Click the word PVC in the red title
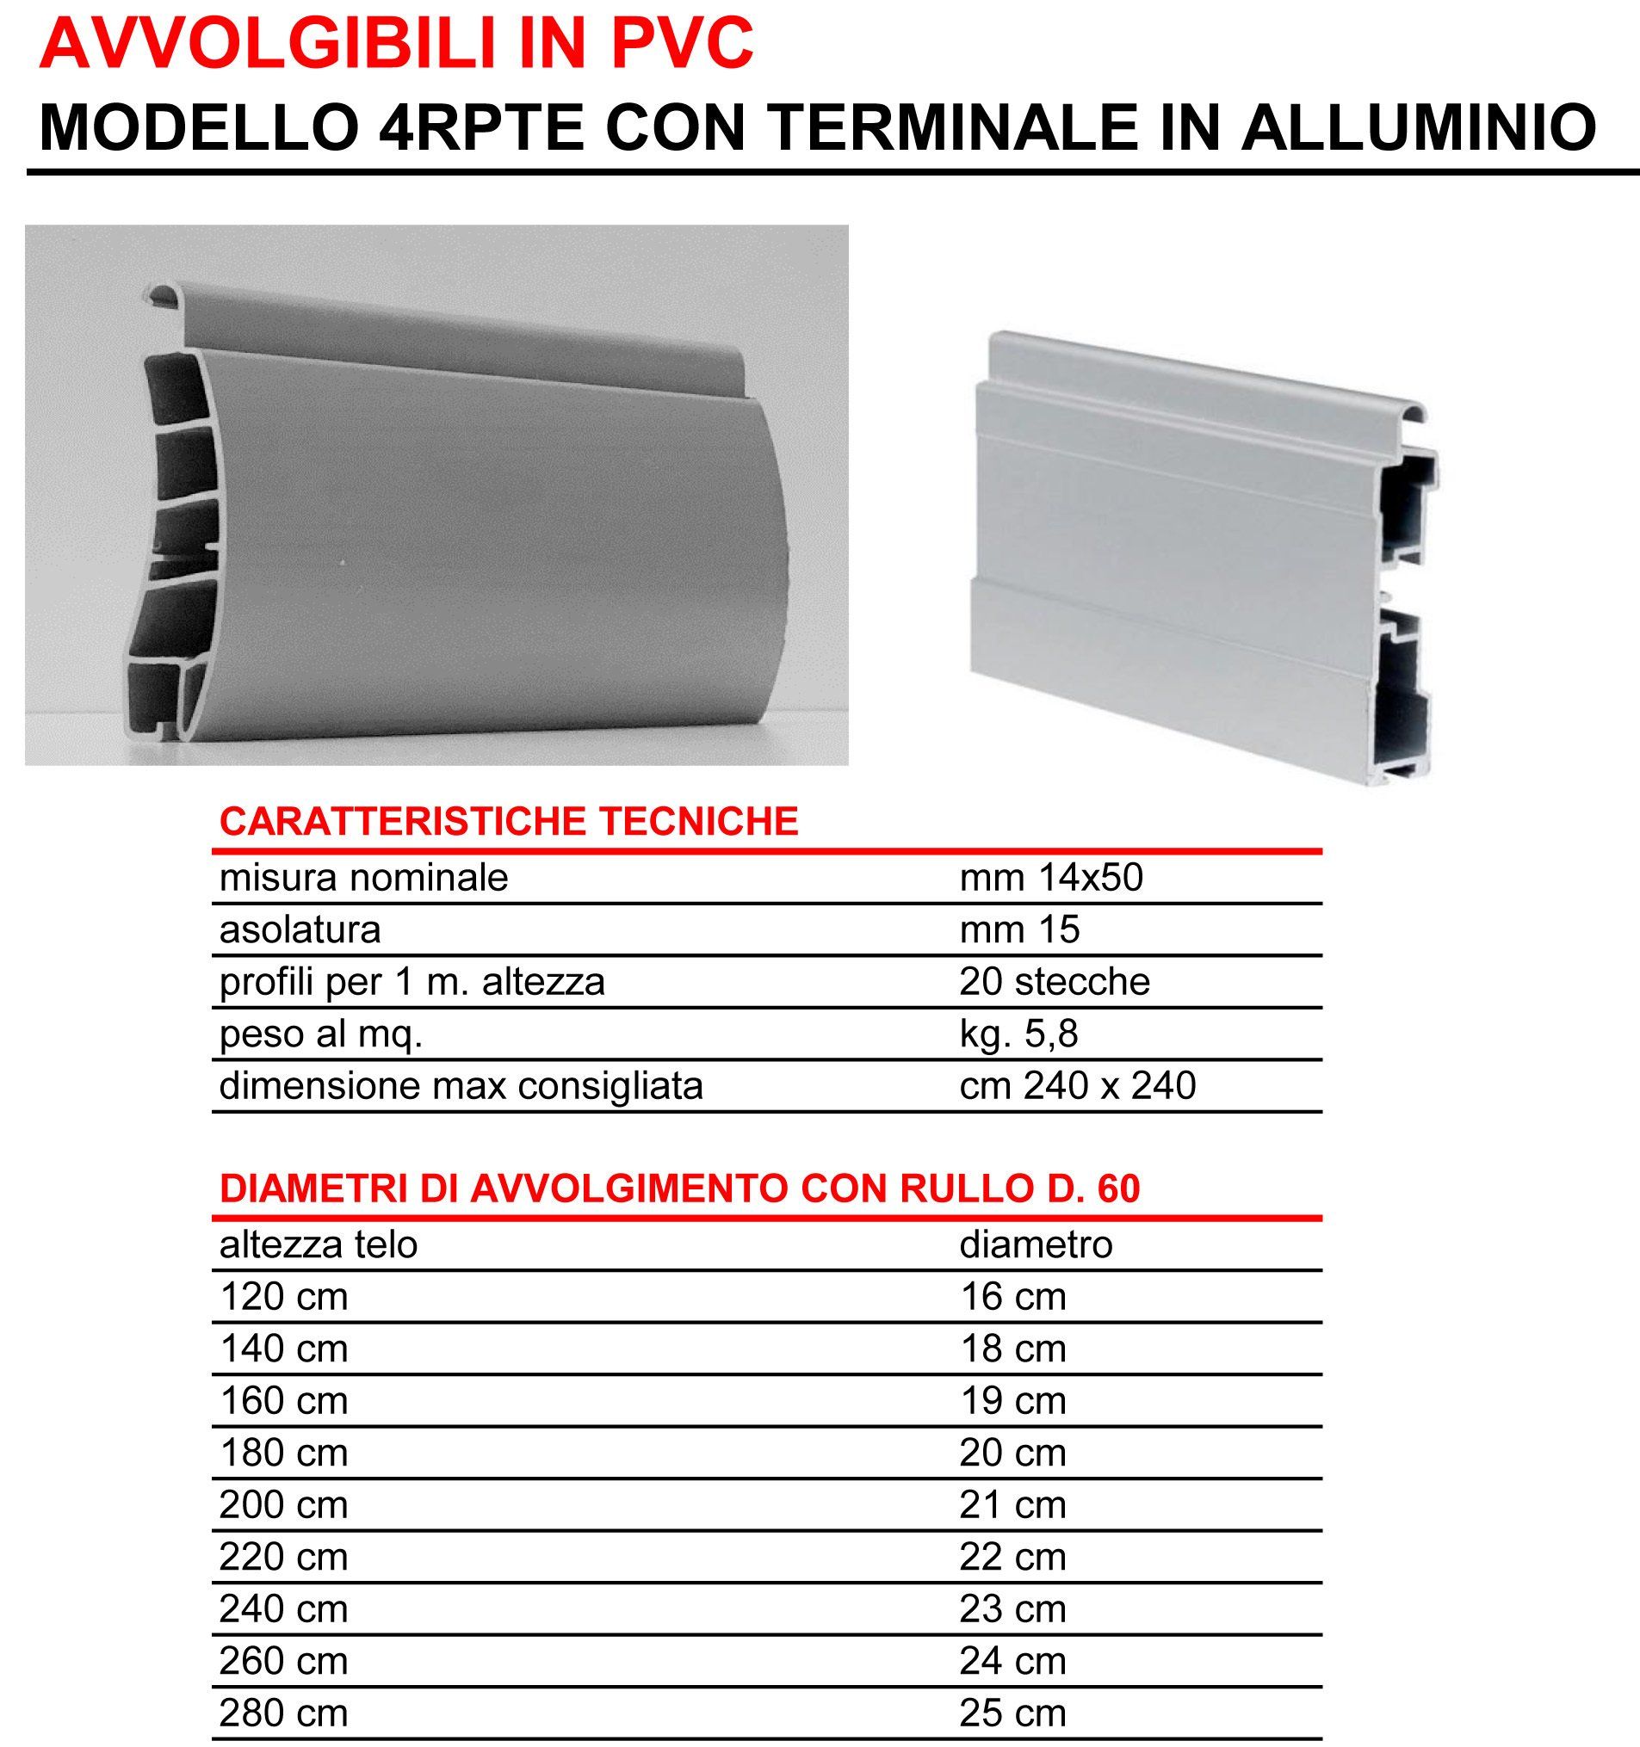tap(682, 43)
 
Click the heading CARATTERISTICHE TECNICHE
tap(509, 822)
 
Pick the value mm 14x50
tap(1051, 878)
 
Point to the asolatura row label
tap(300, 929)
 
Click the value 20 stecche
tap(1055, 982)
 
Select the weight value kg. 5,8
tap(1018, 1034)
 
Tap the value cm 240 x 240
tap(1078, 1086)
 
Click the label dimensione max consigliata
tap(461, 1086)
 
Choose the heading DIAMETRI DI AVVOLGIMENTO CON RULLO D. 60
tap(679, 1189)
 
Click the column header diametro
tap(1037, 1244)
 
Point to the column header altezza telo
tap(319, 1244)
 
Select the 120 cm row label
tap(284, 1297)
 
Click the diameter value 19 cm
tap(1012, 1401)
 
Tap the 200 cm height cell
tap(284, 1505)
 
